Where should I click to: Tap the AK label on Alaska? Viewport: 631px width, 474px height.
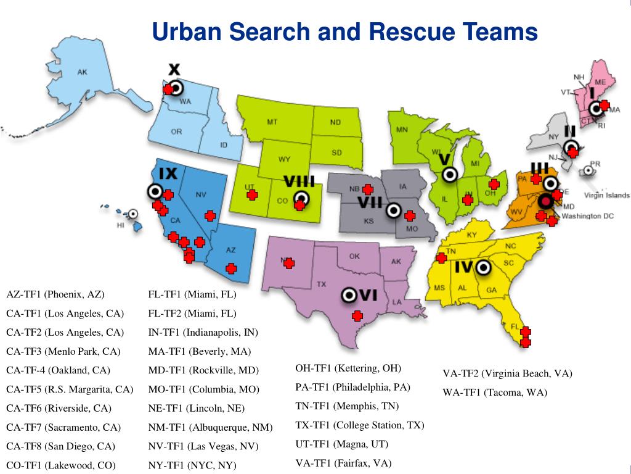click(82, 72)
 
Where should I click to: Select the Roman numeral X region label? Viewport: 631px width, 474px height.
click(174, 69)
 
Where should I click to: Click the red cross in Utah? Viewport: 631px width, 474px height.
click(252, 195)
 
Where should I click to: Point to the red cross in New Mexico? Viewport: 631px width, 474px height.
click(288, 263)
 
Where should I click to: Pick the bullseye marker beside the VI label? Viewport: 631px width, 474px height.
click(349, 295)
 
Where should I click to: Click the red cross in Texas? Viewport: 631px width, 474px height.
click(356, 316)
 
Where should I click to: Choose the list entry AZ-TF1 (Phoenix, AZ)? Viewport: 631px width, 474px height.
click(55, 294)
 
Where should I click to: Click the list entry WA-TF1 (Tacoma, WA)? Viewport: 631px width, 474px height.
click(495, 392)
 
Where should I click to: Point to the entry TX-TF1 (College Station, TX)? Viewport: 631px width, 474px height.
click(360, 425)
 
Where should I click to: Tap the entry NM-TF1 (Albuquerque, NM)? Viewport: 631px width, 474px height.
click(210, 427)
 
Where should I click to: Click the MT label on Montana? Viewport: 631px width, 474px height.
click(272, 122)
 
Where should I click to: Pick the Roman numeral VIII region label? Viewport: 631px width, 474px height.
click(299, 181)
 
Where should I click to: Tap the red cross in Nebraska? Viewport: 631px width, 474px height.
click(368, 189)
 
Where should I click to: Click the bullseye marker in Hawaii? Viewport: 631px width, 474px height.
click(132, 214)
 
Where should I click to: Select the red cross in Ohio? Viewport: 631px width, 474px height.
click(494, 184)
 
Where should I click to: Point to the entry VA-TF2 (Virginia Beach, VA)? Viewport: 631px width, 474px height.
click(507, 373)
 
